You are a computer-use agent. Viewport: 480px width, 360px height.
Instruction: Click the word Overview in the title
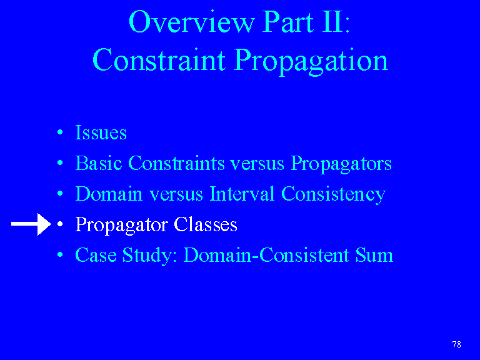tap(192, 22)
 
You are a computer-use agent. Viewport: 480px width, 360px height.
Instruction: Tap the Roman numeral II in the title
tap(333, 22)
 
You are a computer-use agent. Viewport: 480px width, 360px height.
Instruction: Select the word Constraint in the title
tap(159, 60)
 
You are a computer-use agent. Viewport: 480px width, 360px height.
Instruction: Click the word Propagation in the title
tap(311, 62)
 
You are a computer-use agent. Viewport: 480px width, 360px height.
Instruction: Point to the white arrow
tap(31, 224)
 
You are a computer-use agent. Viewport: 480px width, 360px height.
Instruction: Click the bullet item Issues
tap(101, 132)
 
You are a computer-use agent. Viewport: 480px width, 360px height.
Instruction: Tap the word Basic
tap(99, 163)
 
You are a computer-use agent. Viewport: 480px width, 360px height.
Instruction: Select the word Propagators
tap(341, 165)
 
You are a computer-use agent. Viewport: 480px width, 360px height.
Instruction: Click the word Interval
tap(242, 194)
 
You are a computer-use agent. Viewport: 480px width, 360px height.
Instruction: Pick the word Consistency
tap(333, 195)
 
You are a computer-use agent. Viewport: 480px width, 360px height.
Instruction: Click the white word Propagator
tap(121, 226)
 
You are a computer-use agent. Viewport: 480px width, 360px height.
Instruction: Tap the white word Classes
tap(206, 224)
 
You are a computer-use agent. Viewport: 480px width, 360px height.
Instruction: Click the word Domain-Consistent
tap(266, 255)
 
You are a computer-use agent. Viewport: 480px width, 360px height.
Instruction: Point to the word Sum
tap(374, 255)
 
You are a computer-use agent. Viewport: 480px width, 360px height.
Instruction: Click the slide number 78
tap(456, 344)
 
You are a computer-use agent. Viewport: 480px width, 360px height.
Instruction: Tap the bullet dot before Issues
tap(60, 132)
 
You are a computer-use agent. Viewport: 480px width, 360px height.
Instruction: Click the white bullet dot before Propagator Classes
tap(60, 224)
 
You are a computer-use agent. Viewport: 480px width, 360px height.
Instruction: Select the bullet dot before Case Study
tap(60, 255)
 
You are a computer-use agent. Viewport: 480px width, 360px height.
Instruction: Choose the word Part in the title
tap(288, 22)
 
